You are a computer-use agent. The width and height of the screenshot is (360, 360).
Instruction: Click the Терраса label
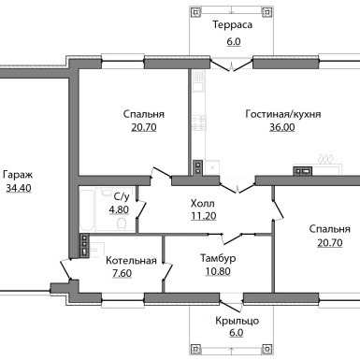pos(233,24)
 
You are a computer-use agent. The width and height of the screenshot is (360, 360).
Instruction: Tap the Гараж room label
pos(18,175)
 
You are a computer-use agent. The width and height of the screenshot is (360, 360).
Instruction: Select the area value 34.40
pos(19,188)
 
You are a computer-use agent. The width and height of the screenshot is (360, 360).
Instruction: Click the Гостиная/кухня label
pos(283,114)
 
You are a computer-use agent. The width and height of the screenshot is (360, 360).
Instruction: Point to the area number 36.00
pos(282,127)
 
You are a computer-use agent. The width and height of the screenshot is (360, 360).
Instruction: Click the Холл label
pos(203,204)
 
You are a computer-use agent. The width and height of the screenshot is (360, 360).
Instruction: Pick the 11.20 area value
pos(203,216)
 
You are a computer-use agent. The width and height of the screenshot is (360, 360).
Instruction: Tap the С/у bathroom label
pos(122,196)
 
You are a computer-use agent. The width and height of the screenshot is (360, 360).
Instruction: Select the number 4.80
pos(119,209)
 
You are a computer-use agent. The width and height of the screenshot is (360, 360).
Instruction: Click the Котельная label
pos(131,260)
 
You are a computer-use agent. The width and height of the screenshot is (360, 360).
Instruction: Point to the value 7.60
pos(122,273)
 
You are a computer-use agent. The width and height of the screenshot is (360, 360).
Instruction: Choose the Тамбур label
pos(218,258)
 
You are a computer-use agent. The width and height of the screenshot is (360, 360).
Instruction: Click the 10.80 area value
pos(218,271)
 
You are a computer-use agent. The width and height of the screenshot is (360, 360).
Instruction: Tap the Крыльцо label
pos(237,321)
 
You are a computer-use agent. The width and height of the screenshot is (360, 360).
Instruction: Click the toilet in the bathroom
pos(121,224)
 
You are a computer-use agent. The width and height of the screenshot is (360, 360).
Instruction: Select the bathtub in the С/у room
pos(86,209)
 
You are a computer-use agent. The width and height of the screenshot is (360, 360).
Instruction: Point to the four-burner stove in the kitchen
pos(198,122)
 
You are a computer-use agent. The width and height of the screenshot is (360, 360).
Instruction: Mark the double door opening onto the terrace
pos(232,65)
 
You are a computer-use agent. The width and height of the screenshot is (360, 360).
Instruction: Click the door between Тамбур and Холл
pos(231,238)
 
